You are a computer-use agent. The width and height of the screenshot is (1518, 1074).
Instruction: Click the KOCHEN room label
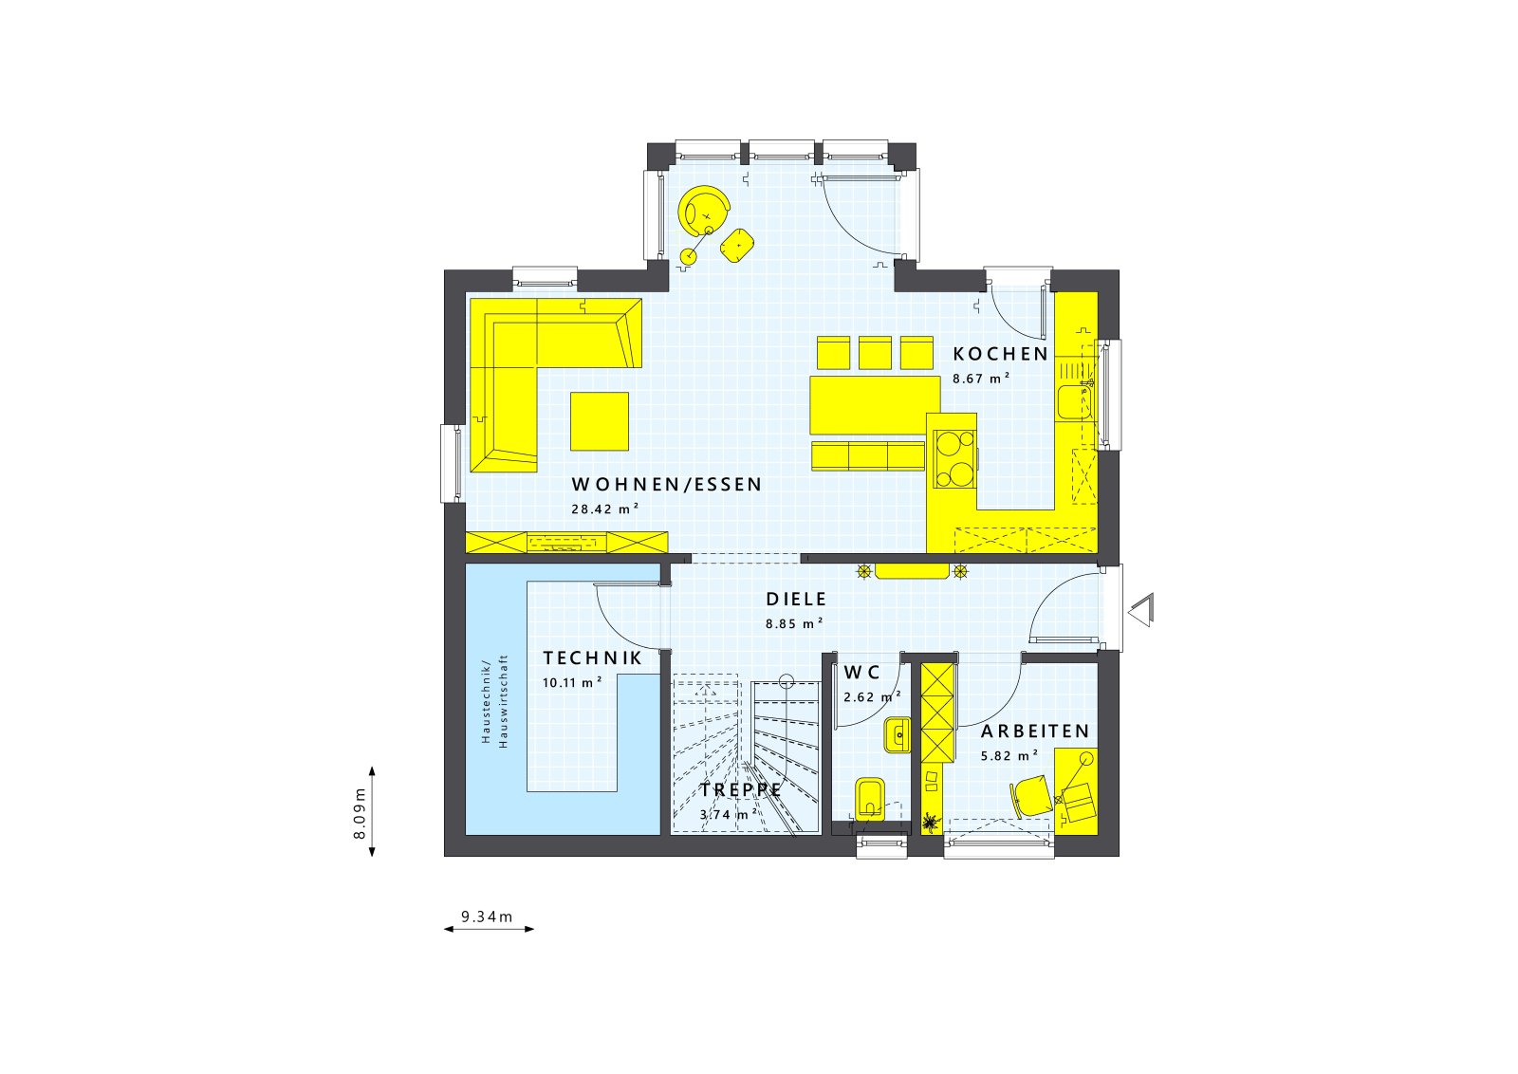pyautogui.click(x=1001, y=354)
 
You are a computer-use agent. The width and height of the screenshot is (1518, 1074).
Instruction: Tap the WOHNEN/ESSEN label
pyautogui.click(x=667, y=485)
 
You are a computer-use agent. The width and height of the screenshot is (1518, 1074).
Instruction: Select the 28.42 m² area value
pyautogui.click(x=604, y=509)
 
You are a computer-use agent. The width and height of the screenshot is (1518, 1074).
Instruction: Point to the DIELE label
pyautogui.click(x=797, y=600)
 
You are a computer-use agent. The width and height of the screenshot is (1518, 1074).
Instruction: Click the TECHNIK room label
pyautogui.click(x=592, y=658)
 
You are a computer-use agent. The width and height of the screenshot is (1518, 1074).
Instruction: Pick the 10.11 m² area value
pyautogui.click(x=572, y=682)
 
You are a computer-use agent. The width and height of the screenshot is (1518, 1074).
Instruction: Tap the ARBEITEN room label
pyautogui.click(x=1035, y=731)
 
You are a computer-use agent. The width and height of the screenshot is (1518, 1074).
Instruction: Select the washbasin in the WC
pyautogui.click(x=897, y=734)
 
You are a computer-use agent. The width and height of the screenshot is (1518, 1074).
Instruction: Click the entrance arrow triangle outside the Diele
pyautogui.click(x=1141, y=609)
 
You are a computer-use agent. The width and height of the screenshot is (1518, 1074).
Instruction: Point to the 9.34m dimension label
pyautogui.click(x=487, y=917)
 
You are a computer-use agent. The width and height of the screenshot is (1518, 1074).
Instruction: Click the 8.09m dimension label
pyautogui.click(x=360, y=814)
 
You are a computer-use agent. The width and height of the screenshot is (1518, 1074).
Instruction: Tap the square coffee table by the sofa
pyautogui.click(x=600, y=421)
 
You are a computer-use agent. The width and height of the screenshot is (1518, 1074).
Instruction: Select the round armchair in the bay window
pyautogui.click(x=704, y=210)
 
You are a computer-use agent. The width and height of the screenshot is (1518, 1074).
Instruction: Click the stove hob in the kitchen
pyautogui.click(x=954, y=458)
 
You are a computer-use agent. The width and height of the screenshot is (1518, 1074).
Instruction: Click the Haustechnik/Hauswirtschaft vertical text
pyautogui.click(x=494, y=701)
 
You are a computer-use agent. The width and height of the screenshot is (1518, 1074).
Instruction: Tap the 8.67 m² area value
pyautogui.click(x=981, y=378)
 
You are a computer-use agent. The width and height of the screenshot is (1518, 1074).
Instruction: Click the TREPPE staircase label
pyautogui.click(x=742, y=789)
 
